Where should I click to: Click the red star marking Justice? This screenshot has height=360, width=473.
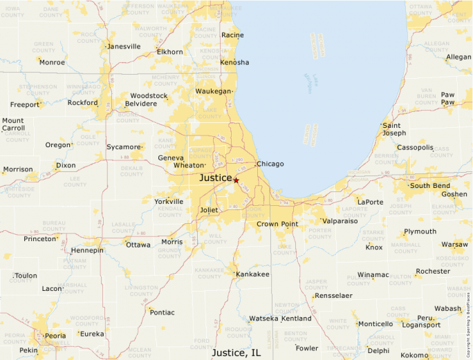[236, 180]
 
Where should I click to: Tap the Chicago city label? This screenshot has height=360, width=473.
[270, 164]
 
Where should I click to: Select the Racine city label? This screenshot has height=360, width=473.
[232, 35]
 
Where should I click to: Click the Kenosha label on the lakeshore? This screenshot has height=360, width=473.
[234, 62]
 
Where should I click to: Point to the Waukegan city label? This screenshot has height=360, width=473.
[213, 91]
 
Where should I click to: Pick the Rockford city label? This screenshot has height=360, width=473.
[82, 103]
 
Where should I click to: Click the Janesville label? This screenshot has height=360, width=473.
[124, 47]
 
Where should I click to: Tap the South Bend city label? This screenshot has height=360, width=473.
[430, 186]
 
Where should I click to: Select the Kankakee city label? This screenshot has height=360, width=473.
[252, 274]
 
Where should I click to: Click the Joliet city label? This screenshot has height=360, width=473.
[209, 210]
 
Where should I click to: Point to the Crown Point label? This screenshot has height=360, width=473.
[277, 225]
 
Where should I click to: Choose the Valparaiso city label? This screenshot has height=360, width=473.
[340, 221]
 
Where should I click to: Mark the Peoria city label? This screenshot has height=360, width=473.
[55, 336]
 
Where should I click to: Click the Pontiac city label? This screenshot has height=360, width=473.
[162, 312]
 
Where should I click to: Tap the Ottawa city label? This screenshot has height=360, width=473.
[138, 245]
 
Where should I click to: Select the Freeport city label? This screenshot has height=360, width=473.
[25, 105]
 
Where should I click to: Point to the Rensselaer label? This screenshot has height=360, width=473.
[333, 296]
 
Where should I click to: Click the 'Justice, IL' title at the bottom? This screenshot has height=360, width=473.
[236, 352]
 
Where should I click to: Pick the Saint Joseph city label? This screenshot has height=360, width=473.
[394, 129]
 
